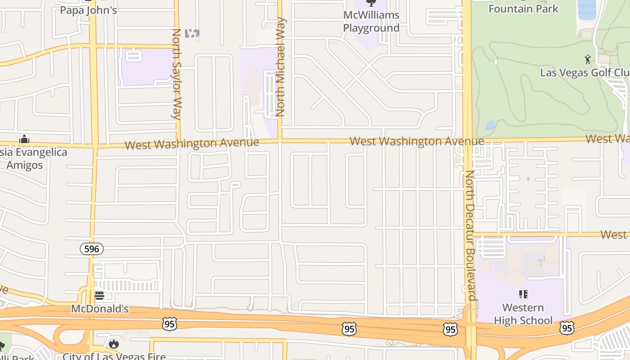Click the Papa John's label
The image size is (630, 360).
click(89, 10)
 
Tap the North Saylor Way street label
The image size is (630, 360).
click(176, 73)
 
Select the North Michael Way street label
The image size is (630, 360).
click(281, 67)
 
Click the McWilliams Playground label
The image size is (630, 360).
click(371, 22)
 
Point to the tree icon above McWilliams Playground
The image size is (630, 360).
click(371, 3)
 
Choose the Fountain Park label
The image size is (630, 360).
click(523, 9)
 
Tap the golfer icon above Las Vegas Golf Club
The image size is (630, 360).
click(588, 59)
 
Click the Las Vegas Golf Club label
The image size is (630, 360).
click(584, 72)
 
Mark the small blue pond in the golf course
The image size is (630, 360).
click(490, 125)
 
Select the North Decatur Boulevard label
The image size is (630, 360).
click(470, 235)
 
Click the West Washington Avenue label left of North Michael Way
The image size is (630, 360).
click(192, 144)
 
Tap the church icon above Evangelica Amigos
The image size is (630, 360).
click(25, 139)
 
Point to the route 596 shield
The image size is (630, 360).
click(92, 248)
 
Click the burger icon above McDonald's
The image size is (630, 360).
click(99, 296)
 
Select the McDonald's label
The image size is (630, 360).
click(100, 309)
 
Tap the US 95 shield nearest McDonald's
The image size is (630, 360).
click(169, 324)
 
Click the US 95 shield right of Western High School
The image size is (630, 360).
click(567, 328)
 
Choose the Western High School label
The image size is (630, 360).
click(523, 314)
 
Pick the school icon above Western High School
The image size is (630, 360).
click(523, 294)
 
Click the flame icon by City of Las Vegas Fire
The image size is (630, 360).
click(114, 344)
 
